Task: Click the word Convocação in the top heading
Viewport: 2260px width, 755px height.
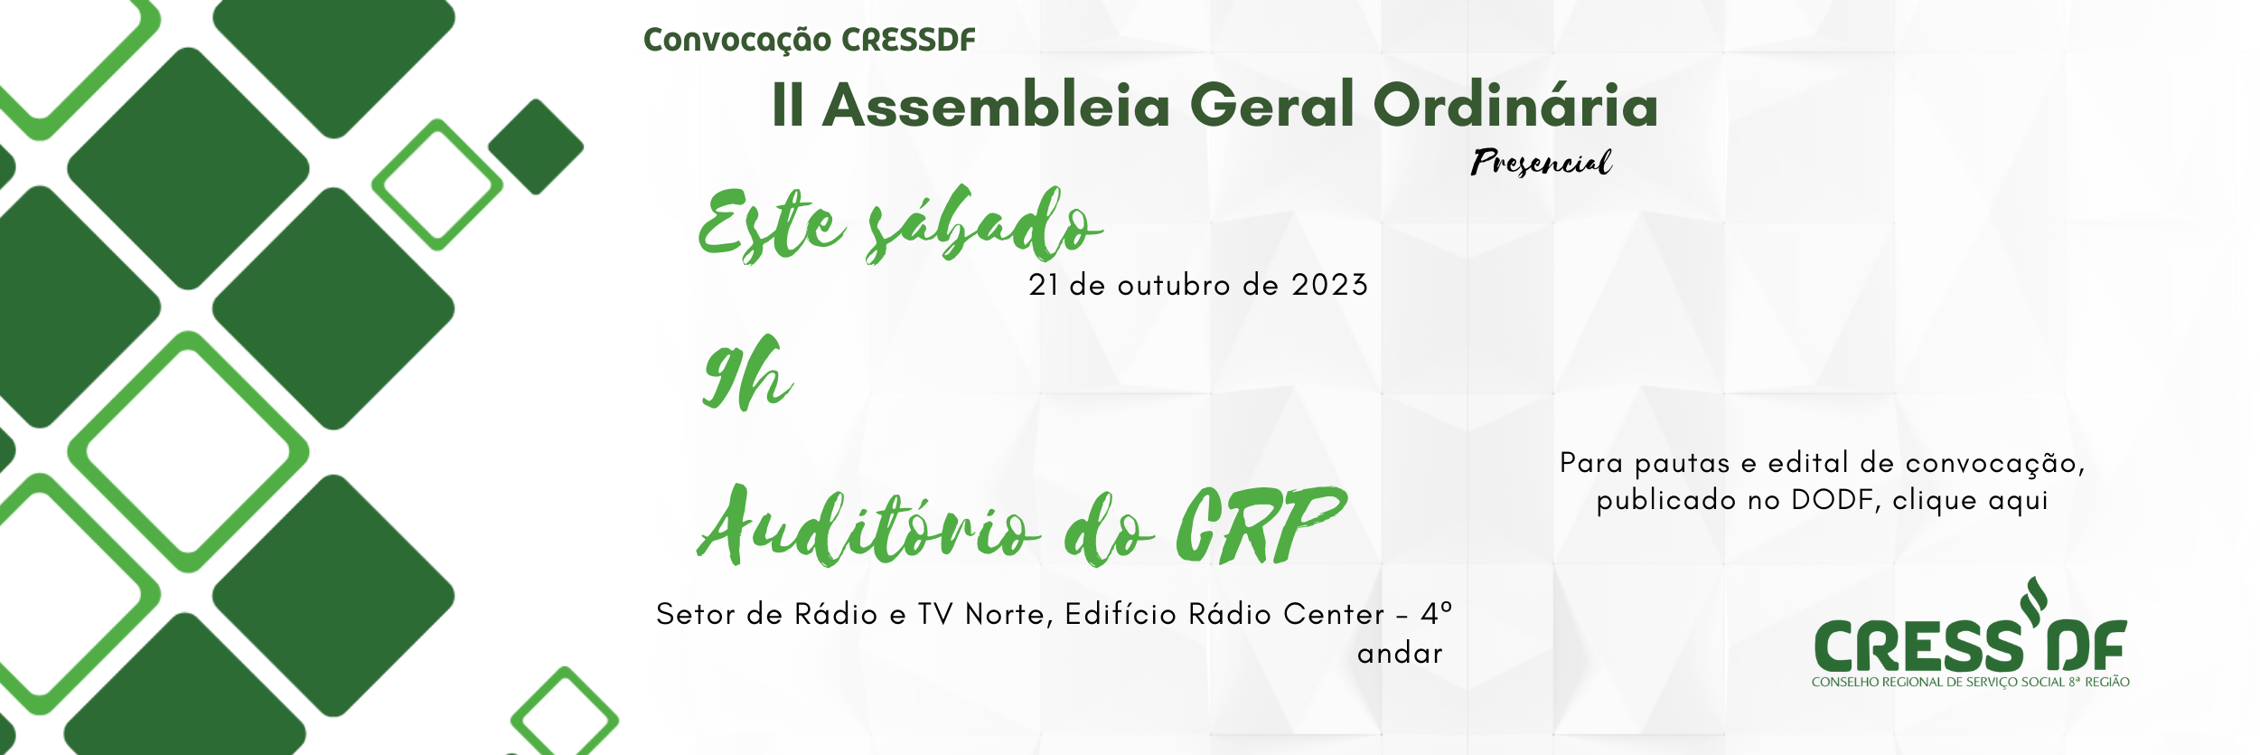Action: [736, 41]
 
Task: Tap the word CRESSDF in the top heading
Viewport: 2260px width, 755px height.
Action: [908, 40]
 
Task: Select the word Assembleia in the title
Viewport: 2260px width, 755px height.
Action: [997, 105]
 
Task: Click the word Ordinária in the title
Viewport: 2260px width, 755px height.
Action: [1515, 104]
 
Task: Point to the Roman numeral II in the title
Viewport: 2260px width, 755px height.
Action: [788, 105]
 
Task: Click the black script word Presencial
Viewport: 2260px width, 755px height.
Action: [1541, 162]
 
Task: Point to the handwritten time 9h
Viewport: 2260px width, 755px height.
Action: [747, 373]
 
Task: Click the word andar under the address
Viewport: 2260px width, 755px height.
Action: [1400, 654]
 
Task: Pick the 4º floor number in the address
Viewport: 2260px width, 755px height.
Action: [1436, 614]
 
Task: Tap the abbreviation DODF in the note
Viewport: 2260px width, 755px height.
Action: [1832, 500]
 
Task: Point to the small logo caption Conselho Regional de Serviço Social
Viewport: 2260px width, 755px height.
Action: [1970, 682]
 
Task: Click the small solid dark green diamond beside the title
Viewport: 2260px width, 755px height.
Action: [536, 146]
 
